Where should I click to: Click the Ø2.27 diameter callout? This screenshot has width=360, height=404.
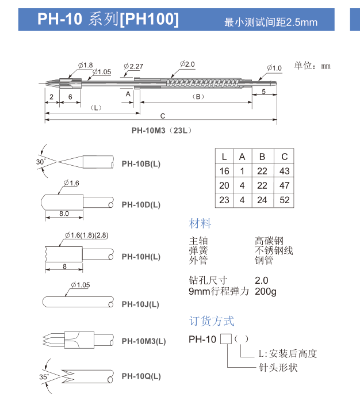(133, 66)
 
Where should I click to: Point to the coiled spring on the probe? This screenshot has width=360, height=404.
(195, 84)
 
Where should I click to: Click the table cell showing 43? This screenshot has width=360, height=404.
(284, 171)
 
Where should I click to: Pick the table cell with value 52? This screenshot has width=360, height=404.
(284, 200)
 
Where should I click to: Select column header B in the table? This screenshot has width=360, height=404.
(262, 157)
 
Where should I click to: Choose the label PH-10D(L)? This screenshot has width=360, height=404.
(141, 205)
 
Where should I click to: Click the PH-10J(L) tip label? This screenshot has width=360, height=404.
(140, 304)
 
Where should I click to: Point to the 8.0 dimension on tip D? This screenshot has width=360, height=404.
(64, 214)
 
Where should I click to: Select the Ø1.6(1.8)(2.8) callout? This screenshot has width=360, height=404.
(86, 235)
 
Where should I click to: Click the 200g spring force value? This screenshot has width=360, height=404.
(265, 291)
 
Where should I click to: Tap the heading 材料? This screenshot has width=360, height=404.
(200, 223)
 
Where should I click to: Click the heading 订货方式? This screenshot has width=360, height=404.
(212, 321)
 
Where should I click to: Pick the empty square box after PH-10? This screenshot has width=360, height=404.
(226, 339)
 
